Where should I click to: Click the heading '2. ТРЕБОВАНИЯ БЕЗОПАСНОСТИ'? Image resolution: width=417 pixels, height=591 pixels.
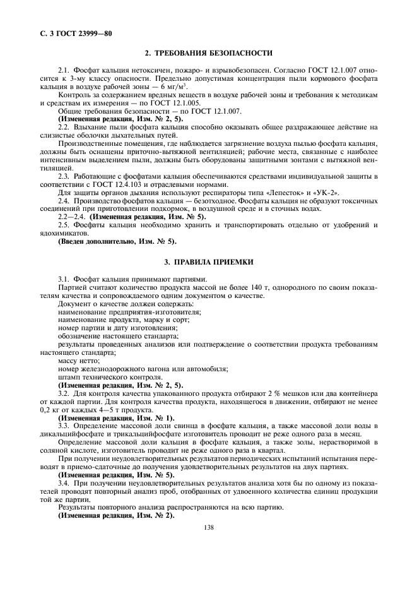point(209,54)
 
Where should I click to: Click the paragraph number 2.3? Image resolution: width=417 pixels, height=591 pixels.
point(64,176)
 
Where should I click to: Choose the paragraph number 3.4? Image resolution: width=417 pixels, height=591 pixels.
point(64,484)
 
